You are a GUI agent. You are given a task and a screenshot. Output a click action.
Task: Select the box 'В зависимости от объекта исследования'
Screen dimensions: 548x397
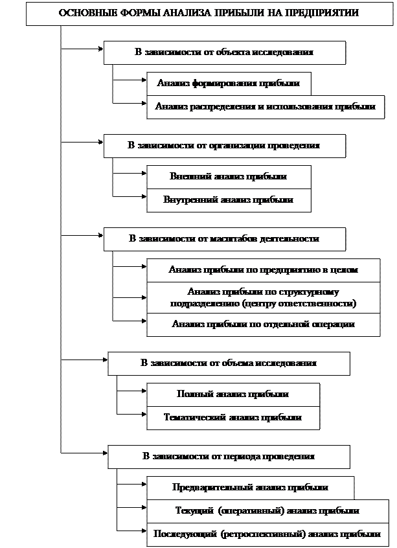click(224, 52)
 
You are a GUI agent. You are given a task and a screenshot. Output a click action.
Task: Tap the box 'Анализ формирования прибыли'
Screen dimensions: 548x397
click(229, 84)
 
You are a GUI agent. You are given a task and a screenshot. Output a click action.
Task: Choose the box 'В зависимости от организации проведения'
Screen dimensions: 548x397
click(224, 146)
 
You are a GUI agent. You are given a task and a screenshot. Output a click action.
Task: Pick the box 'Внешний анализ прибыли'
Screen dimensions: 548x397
click(229, 177)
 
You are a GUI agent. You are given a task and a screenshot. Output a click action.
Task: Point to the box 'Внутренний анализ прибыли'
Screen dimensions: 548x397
click(229, 200)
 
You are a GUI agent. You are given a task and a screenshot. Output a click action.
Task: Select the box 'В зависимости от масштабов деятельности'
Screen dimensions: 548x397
click(224, 239)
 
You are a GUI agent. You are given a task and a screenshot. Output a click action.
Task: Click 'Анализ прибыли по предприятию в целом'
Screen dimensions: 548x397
click(263, 270)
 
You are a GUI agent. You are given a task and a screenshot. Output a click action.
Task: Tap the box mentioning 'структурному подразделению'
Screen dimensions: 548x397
click(263, 298)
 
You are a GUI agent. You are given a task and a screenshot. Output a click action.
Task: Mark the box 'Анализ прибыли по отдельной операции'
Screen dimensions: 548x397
click(263, 325)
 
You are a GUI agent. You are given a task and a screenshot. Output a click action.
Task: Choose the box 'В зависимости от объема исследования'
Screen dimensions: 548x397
click(229, 363)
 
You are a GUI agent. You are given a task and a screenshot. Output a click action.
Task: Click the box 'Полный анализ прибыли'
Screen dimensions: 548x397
click(233, 394)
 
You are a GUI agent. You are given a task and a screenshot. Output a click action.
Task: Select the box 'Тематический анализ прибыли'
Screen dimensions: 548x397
click(233, 418)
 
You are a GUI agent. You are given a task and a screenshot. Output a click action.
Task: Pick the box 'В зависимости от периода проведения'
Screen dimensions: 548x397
click(229, 457)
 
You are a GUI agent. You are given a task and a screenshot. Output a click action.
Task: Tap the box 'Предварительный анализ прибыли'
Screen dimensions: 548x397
click(250, 488)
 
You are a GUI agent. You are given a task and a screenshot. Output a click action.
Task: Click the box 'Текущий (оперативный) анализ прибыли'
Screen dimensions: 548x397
click(267, 511)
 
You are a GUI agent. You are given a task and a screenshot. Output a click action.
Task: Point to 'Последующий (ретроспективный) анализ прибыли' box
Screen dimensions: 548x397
click(267, 534)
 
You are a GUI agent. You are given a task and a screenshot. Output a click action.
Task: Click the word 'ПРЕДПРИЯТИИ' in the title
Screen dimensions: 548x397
click(323, 13)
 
